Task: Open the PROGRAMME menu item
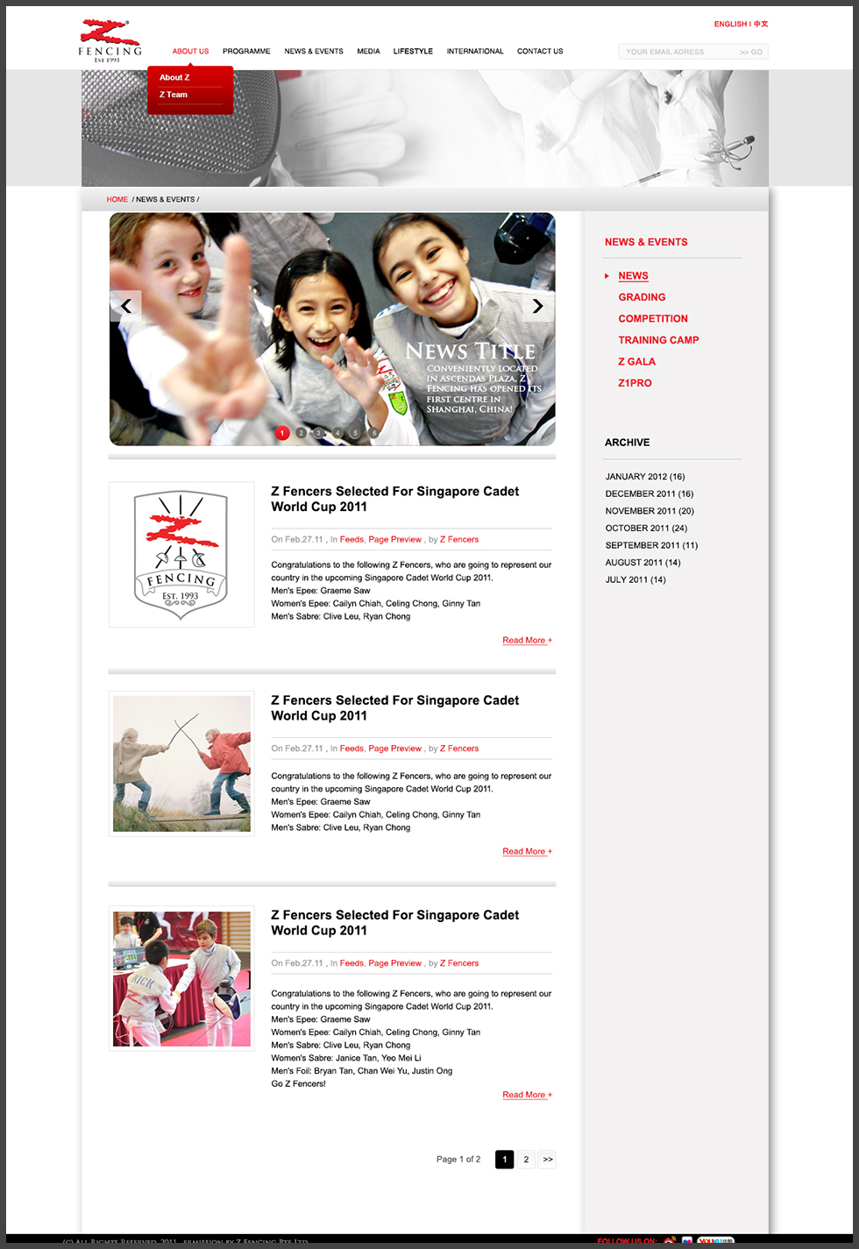246,52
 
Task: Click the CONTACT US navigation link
540,52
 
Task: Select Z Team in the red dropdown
174,95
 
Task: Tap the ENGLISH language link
730,25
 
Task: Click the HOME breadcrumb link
117,200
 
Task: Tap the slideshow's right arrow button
538,306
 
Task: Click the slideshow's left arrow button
126,306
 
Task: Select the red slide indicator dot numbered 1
282,433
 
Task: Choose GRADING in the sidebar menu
642,298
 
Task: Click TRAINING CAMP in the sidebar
658,340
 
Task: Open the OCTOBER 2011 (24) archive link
646,529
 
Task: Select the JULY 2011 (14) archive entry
635,580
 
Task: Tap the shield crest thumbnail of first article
181,555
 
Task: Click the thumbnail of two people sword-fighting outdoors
181,763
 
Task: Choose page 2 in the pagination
526,1160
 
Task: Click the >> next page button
547,1160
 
